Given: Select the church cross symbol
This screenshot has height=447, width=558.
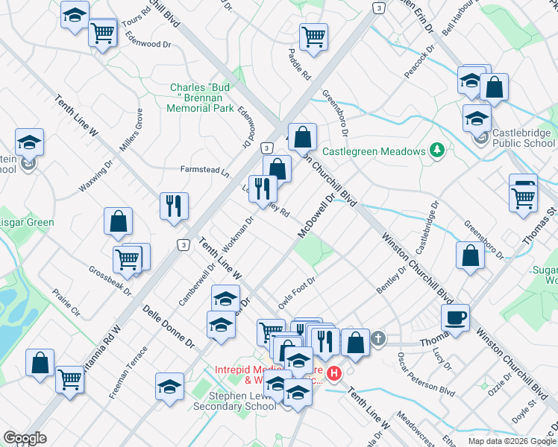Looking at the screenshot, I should coord(378,339).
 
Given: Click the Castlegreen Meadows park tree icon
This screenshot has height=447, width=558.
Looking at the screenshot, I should coord(437,150).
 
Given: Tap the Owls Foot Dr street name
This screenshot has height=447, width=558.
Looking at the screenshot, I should coord(298,292).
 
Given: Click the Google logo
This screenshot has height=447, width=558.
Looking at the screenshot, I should coord(25,438).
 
